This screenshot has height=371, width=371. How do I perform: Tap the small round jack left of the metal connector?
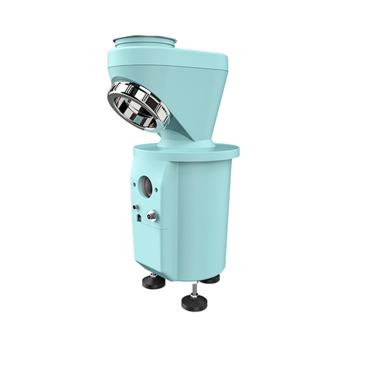click(136, 208)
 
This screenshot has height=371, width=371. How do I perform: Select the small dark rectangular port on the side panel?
click(138, 219)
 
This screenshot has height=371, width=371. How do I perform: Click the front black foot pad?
click(196, 301)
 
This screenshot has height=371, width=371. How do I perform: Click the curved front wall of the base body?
click(205, 216)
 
